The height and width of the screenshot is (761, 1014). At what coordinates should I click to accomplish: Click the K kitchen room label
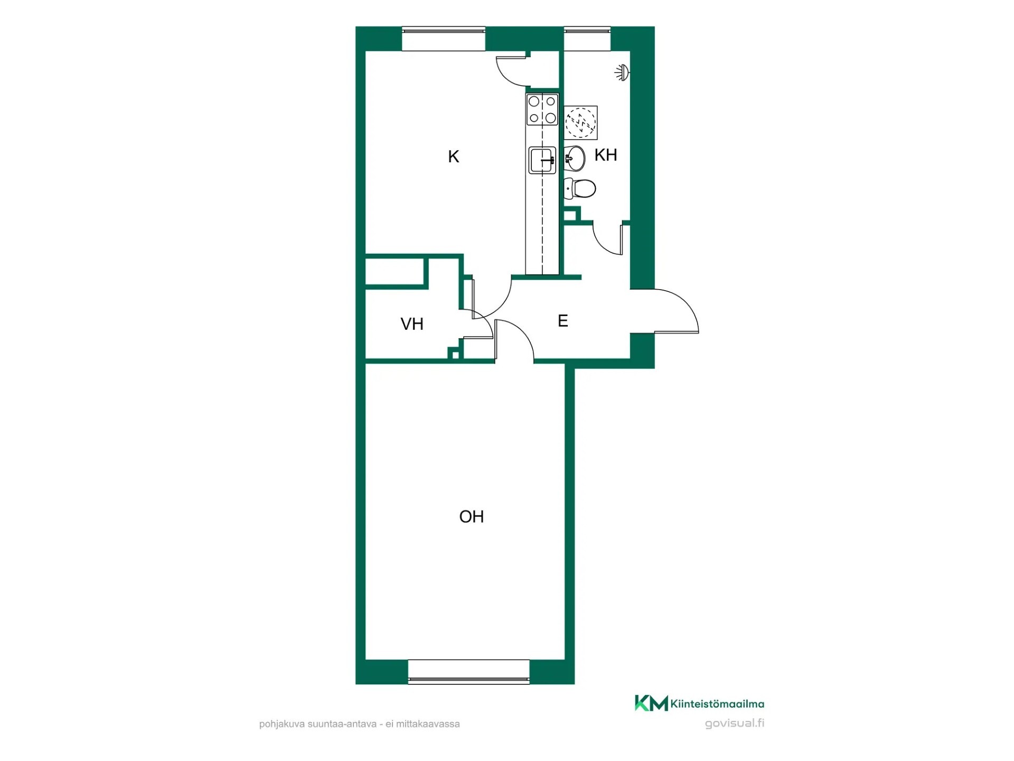click(454, 156)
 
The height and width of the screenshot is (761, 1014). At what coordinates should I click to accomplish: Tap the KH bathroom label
click(606, 155)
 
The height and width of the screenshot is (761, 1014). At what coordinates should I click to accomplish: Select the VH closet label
click(412, 324)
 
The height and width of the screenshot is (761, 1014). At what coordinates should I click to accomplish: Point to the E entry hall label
click(563, 321)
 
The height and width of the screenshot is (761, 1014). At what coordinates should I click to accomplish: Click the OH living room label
click(472, 516)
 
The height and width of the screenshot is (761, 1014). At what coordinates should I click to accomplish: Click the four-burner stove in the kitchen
click(542, 109)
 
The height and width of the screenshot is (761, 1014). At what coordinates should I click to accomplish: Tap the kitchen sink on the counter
click(542, 160)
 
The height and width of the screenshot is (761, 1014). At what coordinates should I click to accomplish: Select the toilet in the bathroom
click(580, 188)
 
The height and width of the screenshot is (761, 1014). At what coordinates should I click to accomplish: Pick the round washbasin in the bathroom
click(575, 158)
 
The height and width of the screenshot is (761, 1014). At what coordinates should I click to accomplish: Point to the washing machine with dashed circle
click(581, 123)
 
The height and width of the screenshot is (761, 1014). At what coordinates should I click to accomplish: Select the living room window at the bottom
click(469, 672)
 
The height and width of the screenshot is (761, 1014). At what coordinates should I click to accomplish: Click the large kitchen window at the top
click(444, 39)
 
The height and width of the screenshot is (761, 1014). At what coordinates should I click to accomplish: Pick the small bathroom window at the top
click(587, 39)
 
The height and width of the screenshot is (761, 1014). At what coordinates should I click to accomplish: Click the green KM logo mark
click(651, 703)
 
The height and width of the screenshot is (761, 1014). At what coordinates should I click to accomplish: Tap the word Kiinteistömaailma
click(717, 704)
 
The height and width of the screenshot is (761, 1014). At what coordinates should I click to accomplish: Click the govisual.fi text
click(735, 723)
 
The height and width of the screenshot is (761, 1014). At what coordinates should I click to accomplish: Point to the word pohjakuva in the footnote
click(282, 724)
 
